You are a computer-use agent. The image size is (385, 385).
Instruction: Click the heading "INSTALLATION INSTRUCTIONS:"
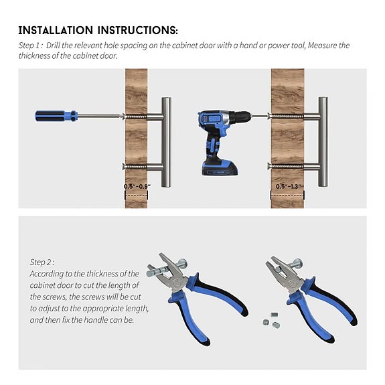pos(98,30)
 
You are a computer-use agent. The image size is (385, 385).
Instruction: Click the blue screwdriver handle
pos(56,116)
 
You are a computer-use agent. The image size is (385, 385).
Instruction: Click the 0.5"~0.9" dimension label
pos(137,185)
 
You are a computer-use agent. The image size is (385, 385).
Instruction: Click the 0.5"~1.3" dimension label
pos(288,185)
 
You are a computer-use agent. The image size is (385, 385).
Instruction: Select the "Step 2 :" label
pos(42,262)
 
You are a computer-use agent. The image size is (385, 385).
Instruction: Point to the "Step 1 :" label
pos(31,45)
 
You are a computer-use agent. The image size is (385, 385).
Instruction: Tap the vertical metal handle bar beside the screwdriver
pos(165,141)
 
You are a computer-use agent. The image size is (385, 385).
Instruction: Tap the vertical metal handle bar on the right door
pos(323,141)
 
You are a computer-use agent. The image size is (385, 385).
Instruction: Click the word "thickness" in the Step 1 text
pos(37,56)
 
